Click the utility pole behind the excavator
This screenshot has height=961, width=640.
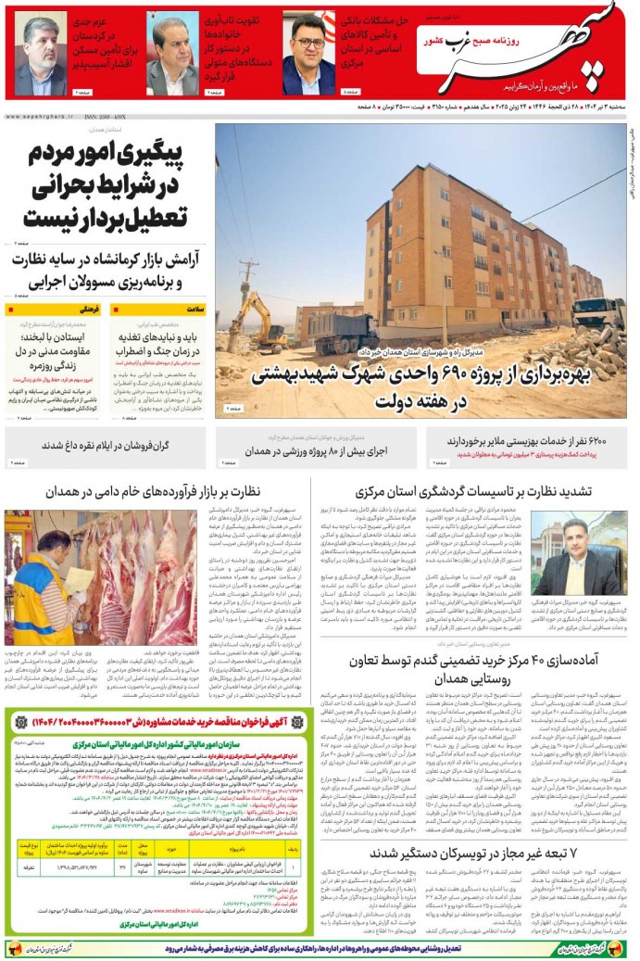tap(248, 283)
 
